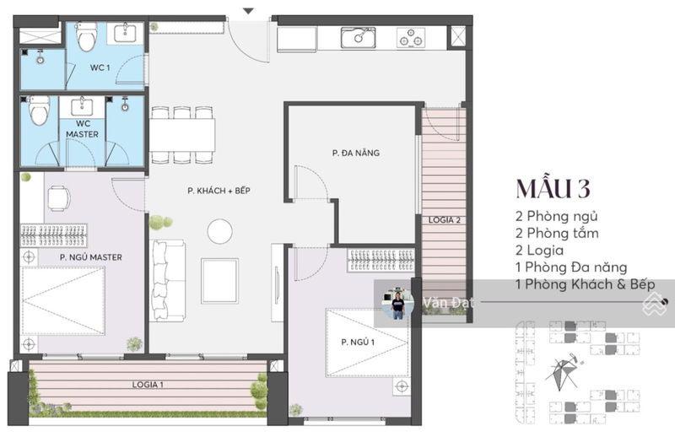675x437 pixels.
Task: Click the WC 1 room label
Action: click(100, 67)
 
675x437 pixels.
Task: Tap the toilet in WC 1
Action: click(86, 36)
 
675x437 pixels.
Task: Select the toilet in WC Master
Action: click(38, 111)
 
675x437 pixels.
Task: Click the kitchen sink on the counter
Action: click(358, 37)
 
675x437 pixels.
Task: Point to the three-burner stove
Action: click(411, 37)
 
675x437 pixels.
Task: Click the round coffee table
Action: click(219, 231)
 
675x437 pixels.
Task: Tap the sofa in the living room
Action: click(167, 281)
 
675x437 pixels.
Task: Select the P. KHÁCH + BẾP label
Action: click(219, 191)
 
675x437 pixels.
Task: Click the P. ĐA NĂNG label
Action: click(355, 153)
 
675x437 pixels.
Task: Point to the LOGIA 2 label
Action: click(445, 220)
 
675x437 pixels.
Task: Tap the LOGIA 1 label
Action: click(148, 385)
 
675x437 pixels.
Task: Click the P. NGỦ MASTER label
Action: click(91, 257)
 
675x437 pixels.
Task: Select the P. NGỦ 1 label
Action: click(358, 342)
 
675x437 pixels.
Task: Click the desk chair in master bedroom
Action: click(59, 198)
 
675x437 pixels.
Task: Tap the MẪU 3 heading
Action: click(553, 188)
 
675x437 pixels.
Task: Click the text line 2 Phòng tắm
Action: click(557, 234)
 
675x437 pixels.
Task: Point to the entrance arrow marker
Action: click(248, 11)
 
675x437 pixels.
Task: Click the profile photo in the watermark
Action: click(397, 303)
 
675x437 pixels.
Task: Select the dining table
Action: click(181, 135)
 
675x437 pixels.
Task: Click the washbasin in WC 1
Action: click(125, 34)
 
